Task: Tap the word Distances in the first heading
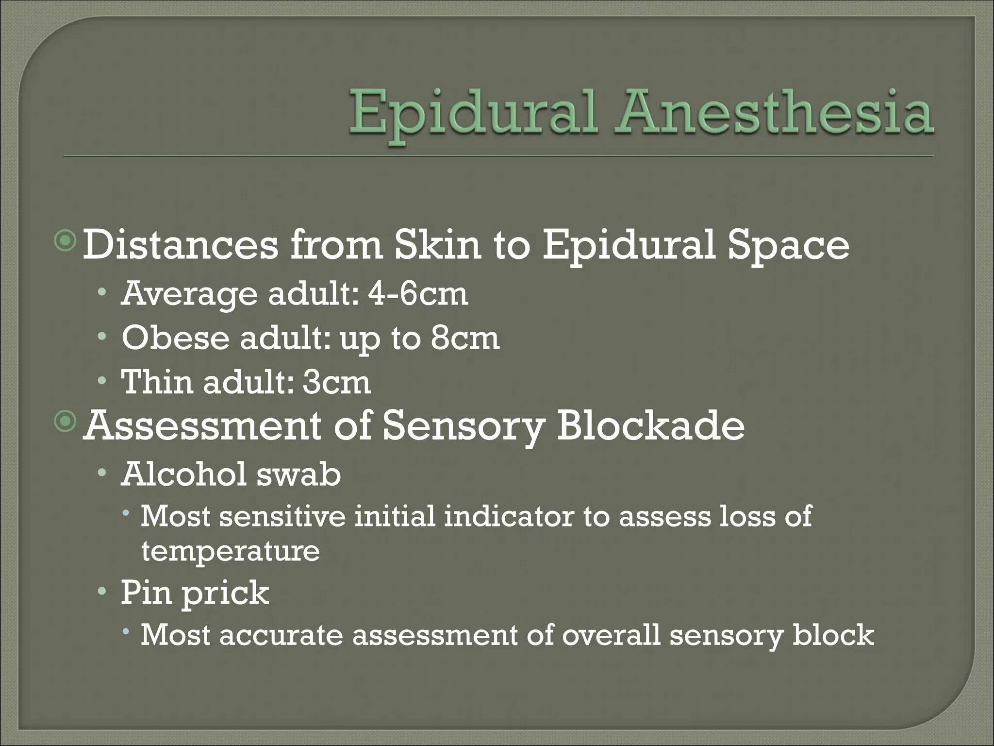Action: [181, 245]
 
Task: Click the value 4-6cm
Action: [418, 294]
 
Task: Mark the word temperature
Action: [231, 552]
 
